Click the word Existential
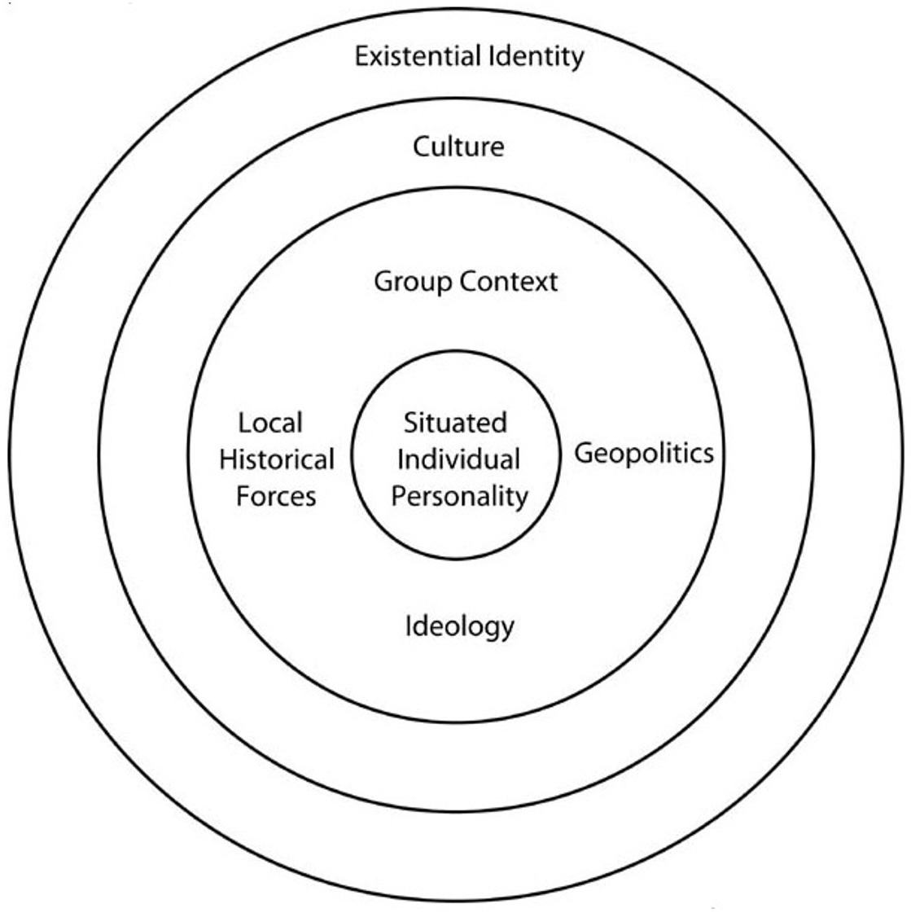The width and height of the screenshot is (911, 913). click(418, 56)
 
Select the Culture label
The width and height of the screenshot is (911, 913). click(458, 146)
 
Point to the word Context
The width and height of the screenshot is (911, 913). click(509, 281)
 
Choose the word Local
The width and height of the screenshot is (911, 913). click(270, 424)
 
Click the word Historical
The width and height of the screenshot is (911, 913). click(277, 460)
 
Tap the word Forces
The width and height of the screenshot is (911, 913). click(277, 497)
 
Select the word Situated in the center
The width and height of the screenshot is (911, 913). click(455, 424)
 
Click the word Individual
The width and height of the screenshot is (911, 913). click(458, 460)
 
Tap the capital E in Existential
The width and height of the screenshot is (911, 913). click(361, 57)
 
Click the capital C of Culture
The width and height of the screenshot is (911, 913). click(422, 147)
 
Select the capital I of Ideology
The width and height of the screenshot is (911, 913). click(408, 626)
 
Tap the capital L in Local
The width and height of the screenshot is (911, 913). click(245, 424)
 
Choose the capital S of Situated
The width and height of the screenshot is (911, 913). click(411, 424)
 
